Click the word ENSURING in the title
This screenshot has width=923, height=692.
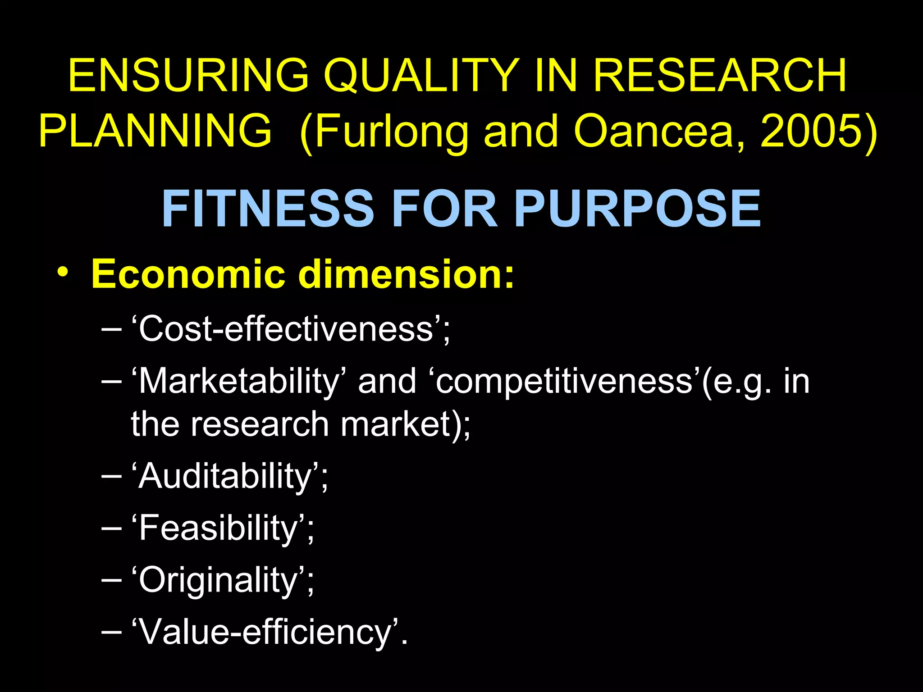(188, 76)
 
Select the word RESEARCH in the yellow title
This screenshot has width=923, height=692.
(720, 76)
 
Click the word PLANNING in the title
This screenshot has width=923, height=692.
(155, 131)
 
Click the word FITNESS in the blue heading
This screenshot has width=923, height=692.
(268, 209)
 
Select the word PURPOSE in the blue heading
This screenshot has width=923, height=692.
(637, 209)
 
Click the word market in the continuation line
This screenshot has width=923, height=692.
(396, 424)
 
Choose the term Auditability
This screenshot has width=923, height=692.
(225, 476)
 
